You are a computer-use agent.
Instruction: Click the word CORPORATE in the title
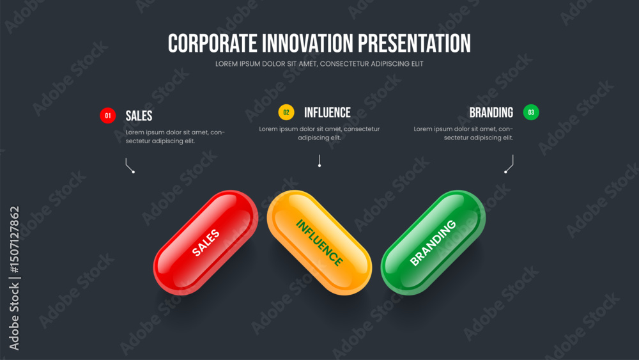tap(212, 43)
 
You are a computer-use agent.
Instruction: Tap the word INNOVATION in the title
tap(307, 43)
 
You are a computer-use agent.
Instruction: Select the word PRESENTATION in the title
tap(414, 43)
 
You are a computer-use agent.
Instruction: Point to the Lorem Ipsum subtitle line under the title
tap(319, 64)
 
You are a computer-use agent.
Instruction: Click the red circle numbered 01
tap(107, 115)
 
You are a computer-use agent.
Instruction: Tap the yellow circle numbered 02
tap(286, 112)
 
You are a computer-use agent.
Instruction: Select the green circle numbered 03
tap(531, 112)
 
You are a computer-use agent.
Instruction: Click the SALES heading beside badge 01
tap(139, 116)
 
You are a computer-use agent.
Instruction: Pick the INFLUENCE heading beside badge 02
tap(327, 113)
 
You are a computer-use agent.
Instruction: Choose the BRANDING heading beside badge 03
tap(491, 113)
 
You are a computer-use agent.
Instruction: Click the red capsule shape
tap(205, 242)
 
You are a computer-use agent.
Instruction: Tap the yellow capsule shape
tap(319, 242)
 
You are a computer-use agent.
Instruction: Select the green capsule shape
tap(433, 242)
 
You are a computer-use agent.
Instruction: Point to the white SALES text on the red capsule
tap(206, 242)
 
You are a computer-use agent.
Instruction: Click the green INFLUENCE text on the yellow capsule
tap(319, 242)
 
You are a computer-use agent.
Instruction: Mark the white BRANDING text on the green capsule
tap(433, 242)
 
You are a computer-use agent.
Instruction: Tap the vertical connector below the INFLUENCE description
tap(319, 160)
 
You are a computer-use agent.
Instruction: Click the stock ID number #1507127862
tap(15, 240)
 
